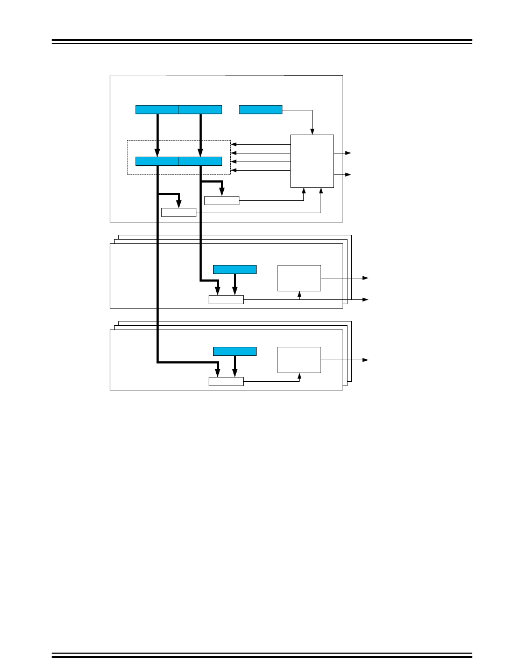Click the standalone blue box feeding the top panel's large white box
click(260, 110)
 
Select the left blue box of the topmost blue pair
click(157, 110)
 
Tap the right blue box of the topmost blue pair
click(200, 110)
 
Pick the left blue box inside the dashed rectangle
click(157, 161)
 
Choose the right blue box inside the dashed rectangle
click(200, 161)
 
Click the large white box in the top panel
click(312, 161)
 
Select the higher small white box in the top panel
click(222, 201)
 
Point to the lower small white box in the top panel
click(179, 212)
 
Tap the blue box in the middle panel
click(235, 269)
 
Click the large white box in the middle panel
click(299, 278)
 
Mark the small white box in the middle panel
click(226, 299)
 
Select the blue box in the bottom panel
click(235, 351)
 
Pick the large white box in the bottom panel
click(299, 360)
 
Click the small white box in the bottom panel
click(226, 382)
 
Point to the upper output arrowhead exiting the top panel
click(348, 153)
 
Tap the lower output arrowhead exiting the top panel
click(348, 174)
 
